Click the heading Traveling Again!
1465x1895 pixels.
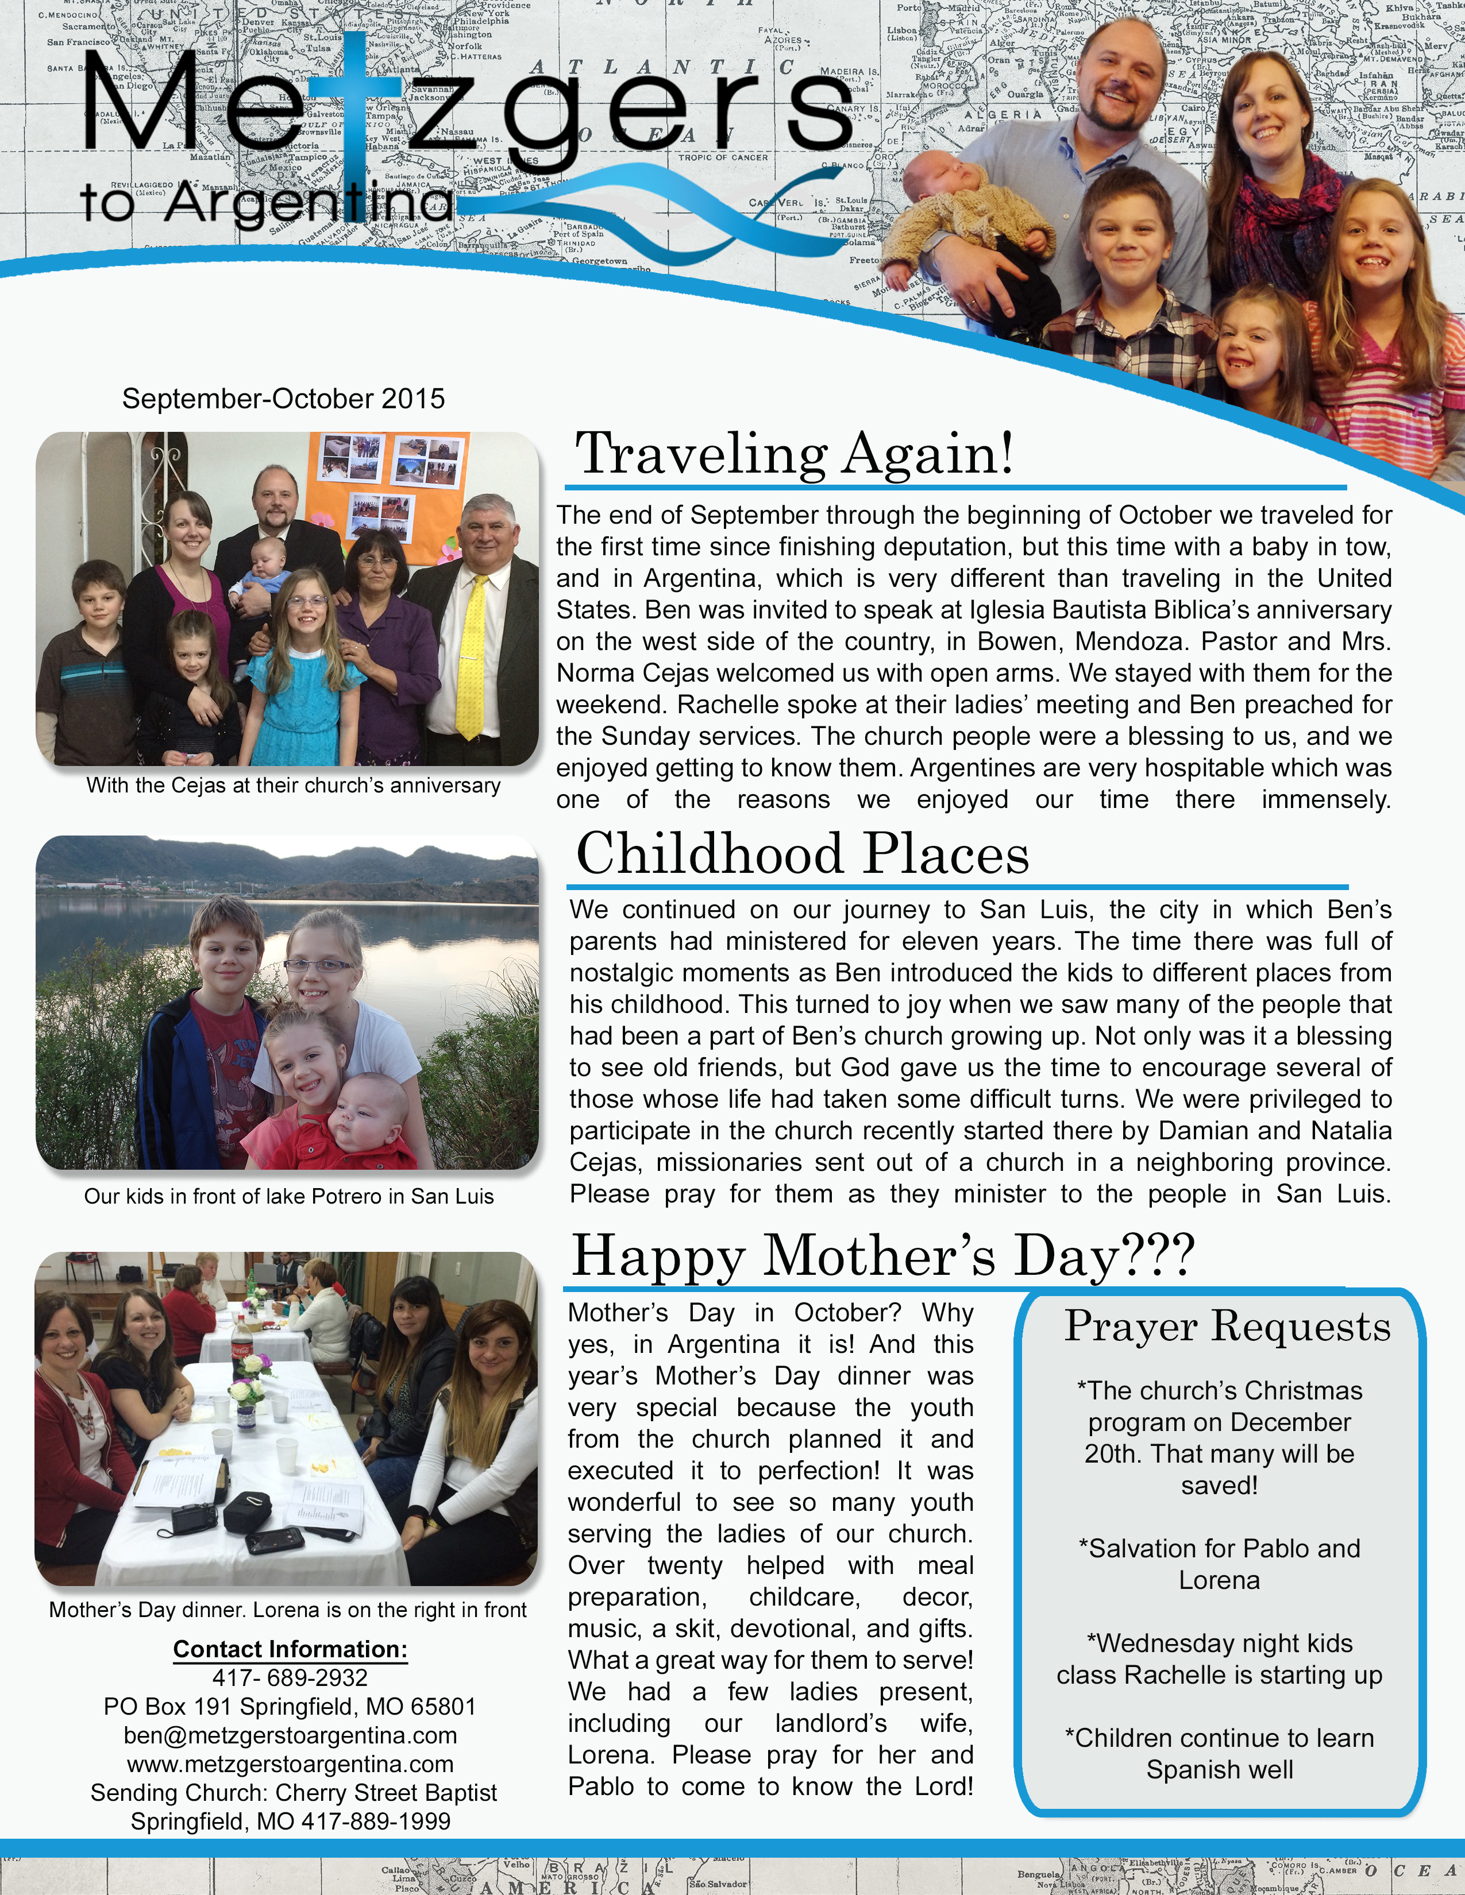click(x=794, y=453)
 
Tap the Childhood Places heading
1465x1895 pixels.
click(x=802, y=854)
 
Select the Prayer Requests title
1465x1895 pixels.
click(x=1227, y=1326)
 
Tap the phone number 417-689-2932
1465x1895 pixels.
click(x=290, y=1677)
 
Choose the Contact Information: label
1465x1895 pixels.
click(x=290, y=1649)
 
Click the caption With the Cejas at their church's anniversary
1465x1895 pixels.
click(x=294, y=785)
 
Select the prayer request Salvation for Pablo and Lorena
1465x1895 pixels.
click(x=1219, y=1564)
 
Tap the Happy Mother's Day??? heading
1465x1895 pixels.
click(x=882, y=1255)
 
